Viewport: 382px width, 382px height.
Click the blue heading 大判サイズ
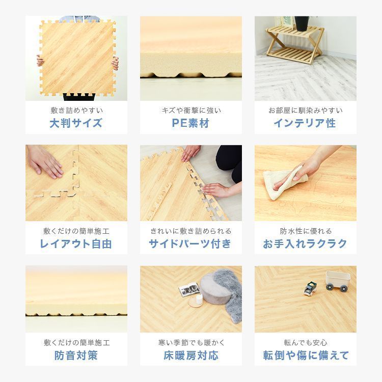point(76,123)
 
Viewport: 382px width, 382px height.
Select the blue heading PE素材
point(190,123)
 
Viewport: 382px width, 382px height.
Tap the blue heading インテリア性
point(305,123)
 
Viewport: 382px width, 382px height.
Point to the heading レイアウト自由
point(76,244)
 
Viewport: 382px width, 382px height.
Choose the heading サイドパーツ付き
point(190,244)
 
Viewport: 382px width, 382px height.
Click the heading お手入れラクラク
point(305,244)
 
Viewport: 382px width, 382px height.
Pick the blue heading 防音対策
point(76,356)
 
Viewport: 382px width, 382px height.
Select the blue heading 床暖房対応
point(190,356)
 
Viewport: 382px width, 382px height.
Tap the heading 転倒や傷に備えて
point(305,356)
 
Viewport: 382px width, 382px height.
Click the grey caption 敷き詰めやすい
point(76,110)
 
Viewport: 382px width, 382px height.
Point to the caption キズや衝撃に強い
point(190,110)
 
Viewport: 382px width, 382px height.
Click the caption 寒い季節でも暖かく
point(190,343)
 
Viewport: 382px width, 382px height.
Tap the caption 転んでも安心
point(305,343)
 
